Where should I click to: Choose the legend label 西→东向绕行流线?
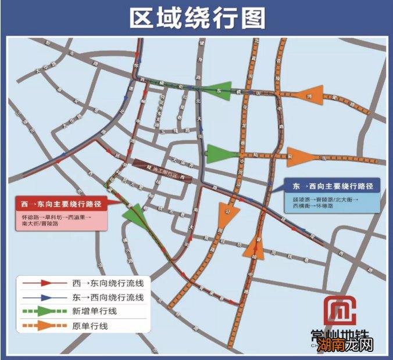point(108,284)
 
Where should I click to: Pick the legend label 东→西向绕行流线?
point(108,297)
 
